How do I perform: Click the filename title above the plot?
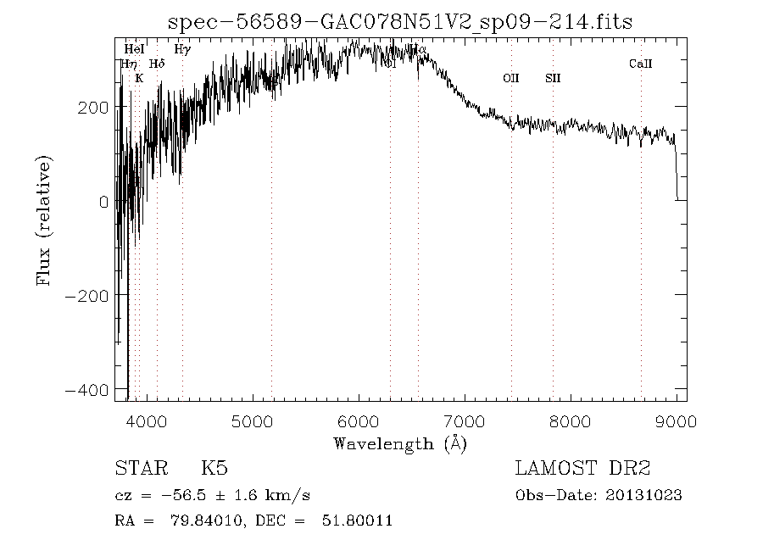(x=400, y=21)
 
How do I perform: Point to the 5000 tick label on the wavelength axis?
(x=253, y=420)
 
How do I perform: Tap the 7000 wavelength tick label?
(x=465, y=420)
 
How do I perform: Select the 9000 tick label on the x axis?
(x=677, y=420)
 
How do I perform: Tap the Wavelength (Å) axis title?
(x=400, y=442)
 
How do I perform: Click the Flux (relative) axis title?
(x=44, y=220)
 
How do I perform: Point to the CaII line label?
(x=640, y=64)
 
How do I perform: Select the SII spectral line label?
(x=553, y=78)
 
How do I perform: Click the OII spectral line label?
(x=510, y=78)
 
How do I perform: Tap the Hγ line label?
(x=182, y=50)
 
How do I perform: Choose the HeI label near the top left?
(x=134, y=50)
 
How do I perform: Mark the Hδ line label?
(x=157, y=64)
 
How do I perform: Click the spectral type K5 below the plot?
(x=214, y=468)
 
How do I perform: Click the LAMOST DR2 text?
(x=582, y=468)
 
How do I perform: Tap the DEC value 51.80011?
(x=357, y=520)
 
